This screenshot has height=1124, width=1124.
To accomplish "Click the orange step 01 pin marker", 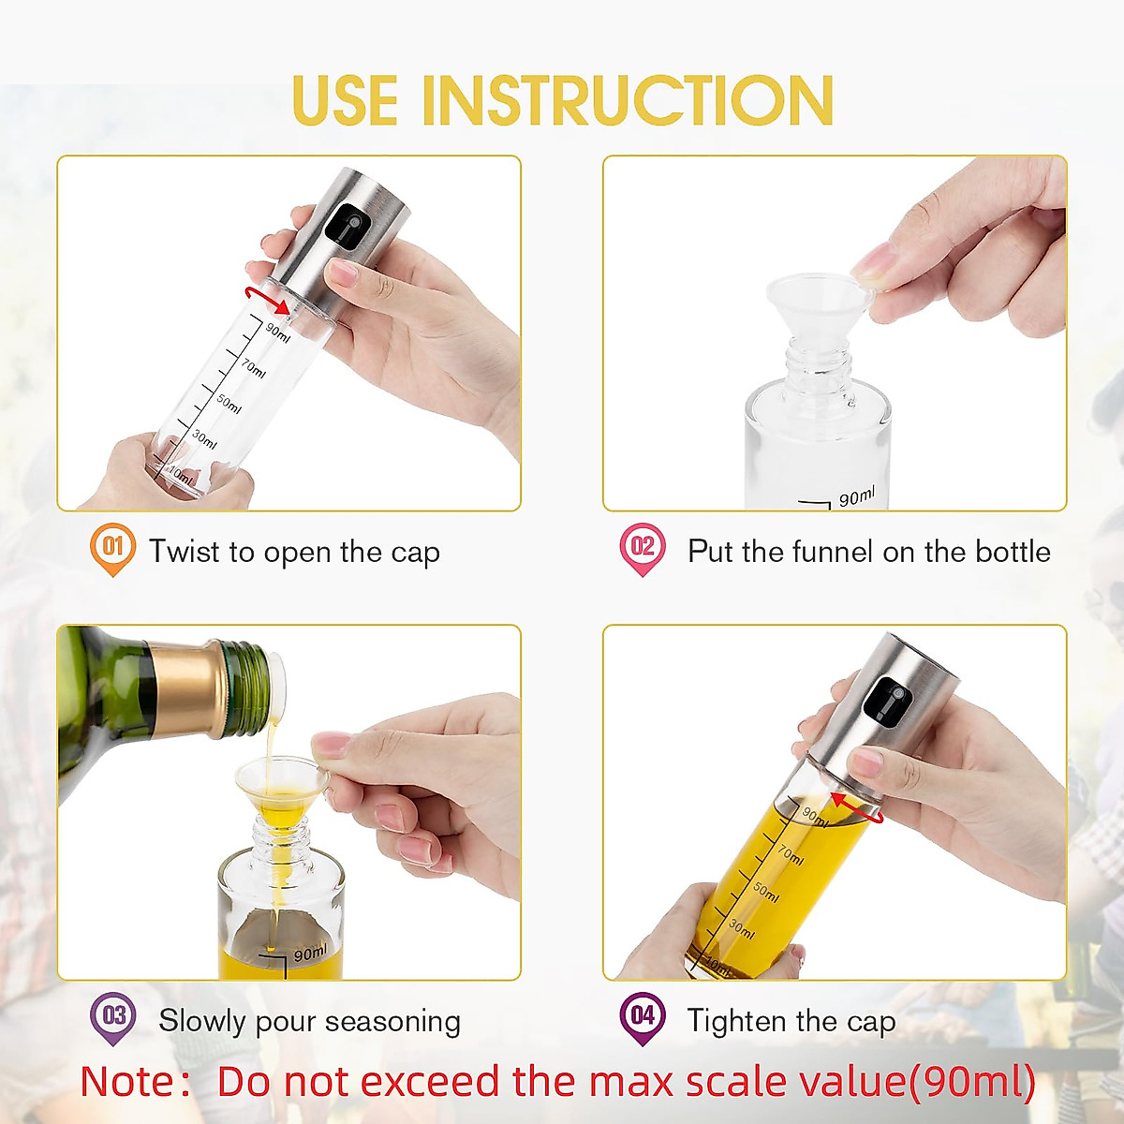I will pyautogui.click(x=112, y=548).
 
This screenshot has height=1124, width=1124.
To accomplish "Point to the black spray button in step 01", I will pyautogui.click(x=345, y=227).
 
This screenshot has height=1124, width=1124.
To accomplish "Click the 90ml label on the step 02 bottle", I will pyautogui.click(x=856, y=497).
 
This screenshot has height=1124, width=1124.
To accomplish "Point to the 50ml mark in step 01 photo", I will pyautogui.click(x=229, y=405).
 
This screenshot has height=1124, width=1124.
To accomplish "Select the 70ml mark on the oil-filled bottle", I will pyautogui.click(x=790, y=854).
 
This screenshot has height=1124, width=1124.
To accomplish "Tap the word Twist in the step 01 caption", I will pyautogui.click(x=186, y=552).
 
